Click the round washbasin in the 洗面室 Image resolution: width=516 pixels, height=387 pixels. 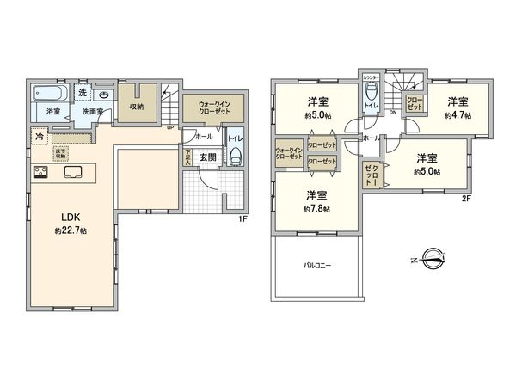pos(102,96)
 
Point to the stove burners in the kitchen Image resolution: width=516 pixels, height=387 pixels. pos(41,171)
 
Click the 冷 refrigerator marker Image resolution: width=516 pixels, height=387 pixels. pos(40,136)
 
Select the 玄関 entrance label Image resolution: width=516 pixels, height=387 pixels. pos(208,157)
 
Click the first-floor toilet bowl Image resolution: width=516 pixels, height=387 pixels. pos(234,158)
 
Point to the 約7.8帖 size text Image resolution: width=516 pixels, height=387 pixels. pos(315,207)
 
